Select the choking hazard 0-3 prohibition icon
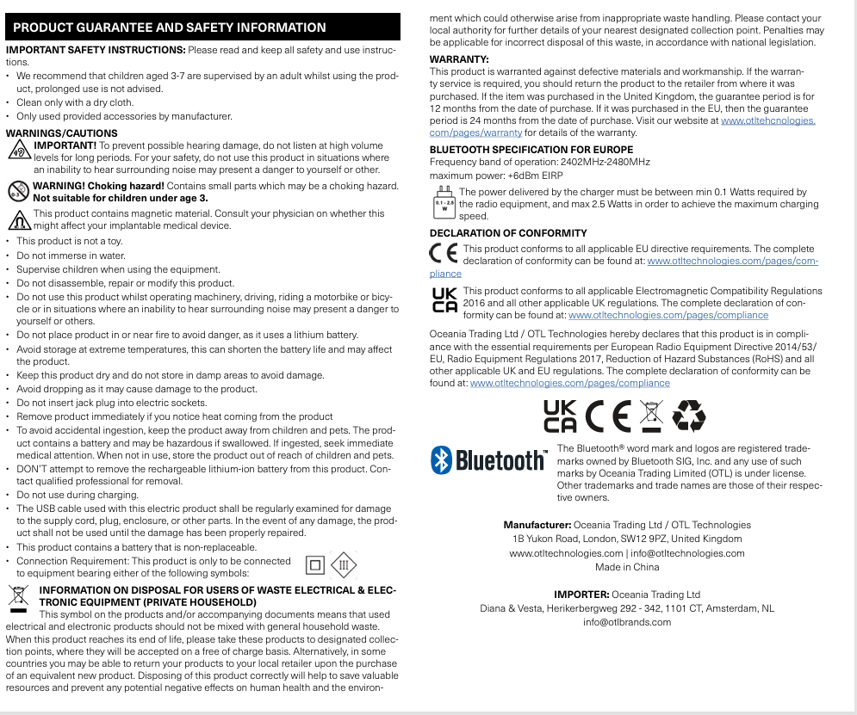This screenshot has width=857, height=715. (x=17, y=190)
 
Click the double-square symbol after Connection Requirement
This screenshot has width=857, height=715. (x=315, y=565)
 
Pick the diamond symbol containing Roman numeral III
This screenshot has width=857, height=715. (x=343, y=565)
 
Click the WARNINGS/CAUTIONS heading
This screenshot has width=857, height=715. (x=62, y=133)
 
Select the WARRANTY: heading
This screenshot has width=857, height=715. (x=459, y=59)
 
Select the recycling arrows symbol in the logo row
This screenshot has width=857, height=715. (x=689, y=416)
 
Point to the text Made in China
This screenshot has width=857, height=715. (x=627, y=567)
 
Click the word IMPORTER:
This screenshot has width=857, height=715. (x=581, y=595)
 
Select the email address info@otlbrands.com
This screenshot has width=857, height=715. (x=627, y=622)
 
